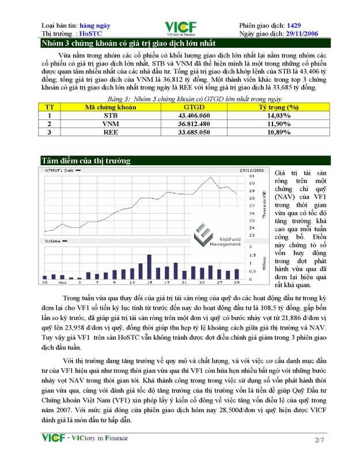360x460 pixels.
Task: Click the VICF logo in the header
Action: [180, 28]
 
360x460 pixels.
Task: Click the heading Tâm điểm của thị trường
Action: [86, 161]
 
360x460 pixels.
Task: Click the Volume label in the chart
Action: [53, 240]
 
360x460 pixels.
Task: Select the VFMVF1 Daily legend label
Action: [59, 170]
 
